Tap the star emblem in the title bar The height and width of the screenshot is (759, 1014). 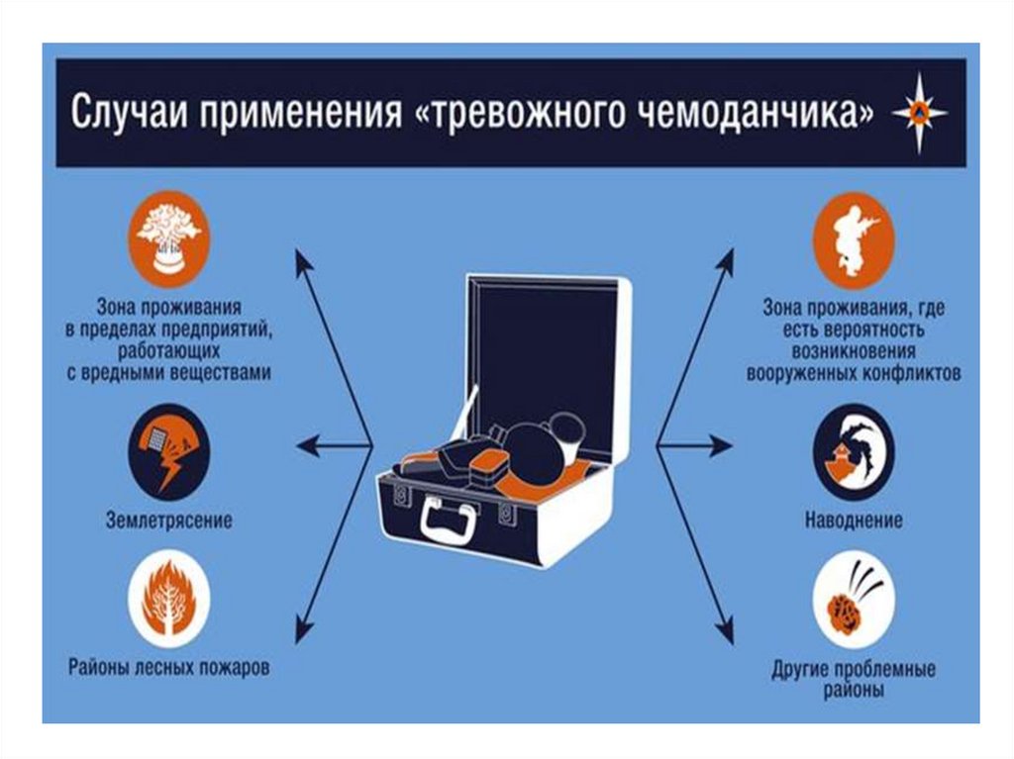click(x=920, y=114)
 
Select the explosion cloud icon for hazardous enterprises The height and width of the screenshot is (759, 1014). click(x=168, y=238)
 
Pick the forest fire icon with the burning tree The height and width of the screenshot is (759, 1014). click(x=168, y=598)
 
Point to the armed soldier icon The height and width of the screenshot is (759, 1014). click(x=854, y=239)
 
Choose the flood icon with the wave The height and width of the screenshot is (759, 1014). click(x=854, y=452)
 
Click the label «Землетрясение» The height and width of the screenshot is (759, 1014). click(x=168, y=520)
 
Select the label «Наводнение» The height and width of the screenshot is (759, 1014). click(x=854, y=520)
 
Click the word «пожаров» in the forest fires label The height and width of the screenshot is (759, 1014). click(x=234, y=667)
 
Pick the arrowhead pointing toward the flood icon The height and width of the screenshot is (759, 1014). click(x=720, y=445)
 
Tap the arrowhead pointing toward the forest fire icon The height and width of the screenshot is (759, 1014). click(x=303, y=629)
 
